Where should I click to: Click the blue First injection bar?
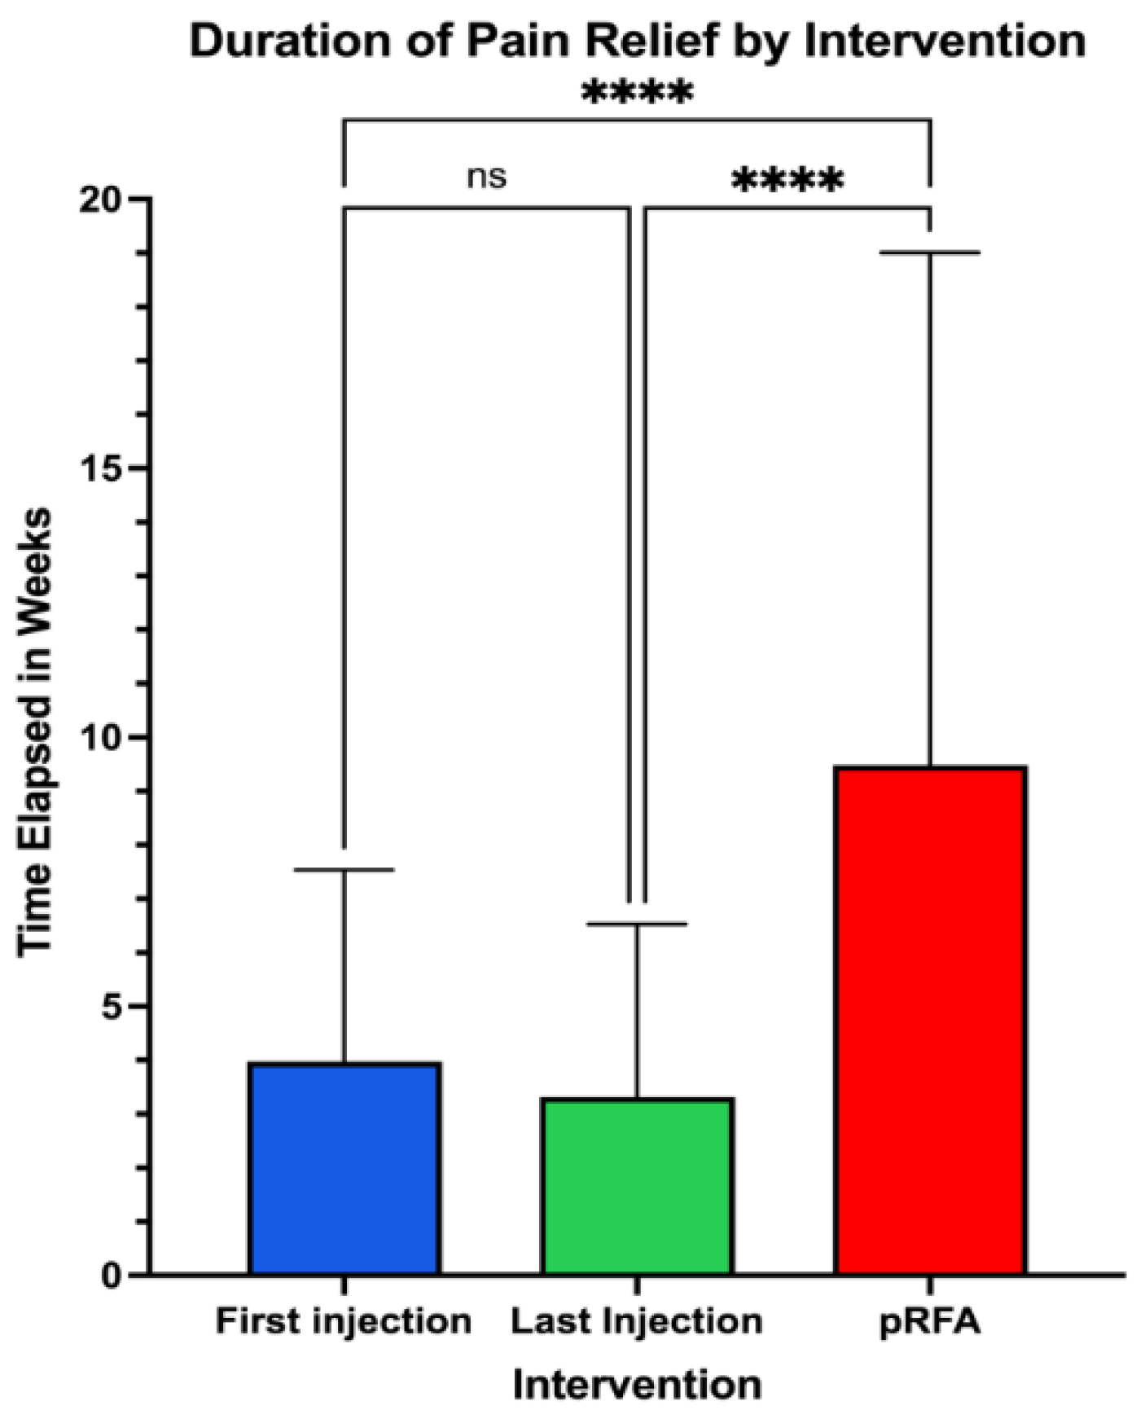pos(344,1169)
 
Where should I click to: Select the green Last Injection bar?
pos(638,1187)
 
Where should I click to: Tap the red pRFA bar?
pos(930,1021)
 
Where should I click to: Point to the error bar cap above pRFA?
pos(930,253)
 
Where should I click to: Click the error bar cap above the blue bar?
pos(344,870)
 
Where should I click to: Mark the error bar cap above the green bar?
pos(638,924)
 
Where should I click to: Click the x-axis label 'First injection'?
pos(343,1320)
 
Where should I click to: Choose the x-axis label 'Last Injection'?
pos(636,1320)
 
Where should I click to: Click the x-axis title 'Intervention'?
pos(637,1384)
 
